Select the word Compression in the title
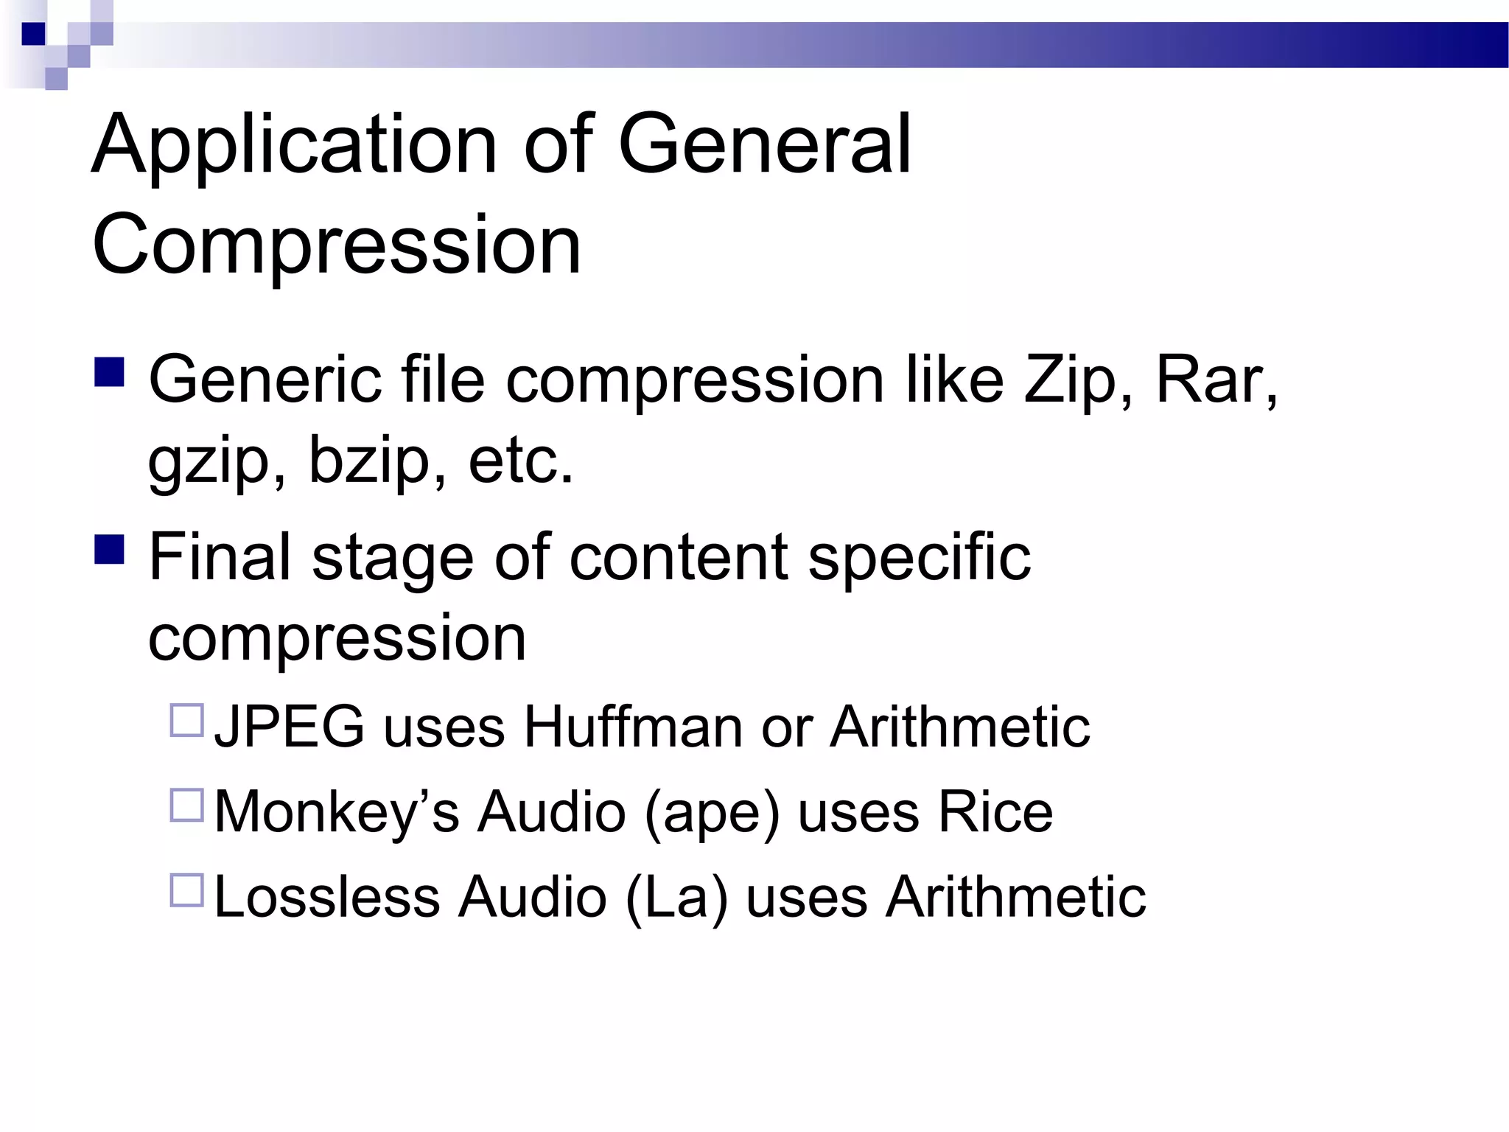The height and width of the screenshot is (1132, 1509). [x=337, y=245]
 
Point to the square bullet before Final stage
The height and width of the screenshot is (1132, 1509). [x=110, y=549]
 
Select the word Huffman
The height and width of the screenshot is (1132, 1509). [x=633, y=727]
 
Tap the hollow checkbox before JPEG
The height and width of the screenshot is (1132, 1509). [x=187, y=721]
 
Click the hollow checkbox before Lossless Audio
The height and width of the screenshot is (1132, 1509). [x=187, y=890]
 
